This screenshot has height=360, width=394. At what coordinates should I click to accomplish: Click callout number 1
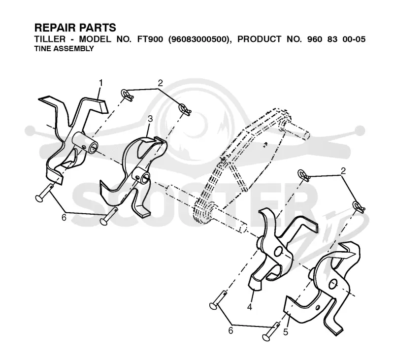click(101, 83)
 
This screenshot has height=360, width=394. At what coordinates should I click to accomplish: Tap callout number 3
click(150, 119)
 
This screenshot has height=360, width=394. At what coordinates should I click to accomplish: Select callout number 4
click(250, 307)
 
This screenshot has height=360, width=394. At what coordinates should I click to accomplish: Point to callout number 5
click(286, 332)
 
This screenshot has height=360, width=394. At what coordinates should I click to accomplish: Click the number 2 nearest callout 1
click(161, 83)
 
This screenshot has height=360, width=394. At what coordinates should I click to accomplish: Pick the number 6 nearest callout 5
click(230, 330)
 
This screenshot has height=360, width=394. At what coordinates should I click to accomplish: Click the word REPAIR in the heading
click(53, 28)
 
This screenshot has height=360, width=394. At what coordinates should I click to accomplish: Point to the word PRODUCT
click(259, 39)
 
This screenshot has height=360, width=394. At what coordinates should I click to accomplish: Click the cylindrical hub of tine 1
click(85, 142)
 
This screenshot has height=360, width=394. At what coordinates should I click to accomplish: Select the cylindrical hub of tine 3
click(141, 176)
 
